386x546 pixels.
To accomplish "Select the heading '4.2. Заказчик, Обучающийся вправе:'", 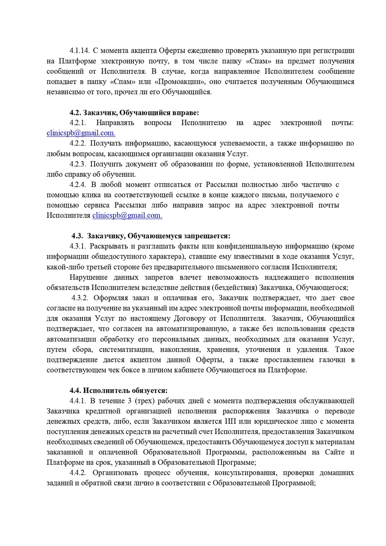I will [134, 113].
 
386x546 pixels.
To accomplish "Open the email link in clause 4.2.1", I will [81, 133].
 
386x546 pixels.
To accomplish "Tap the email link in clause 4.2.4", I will [127, 215].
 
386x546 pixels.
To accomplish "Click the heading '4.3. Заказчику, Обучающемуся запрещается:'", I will [151, 236].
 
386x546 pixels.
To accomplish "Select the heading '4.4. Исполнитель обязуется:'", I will [119, 390].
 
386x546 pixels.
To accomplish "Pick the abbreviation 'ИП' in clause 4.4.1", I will [230, 421].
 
